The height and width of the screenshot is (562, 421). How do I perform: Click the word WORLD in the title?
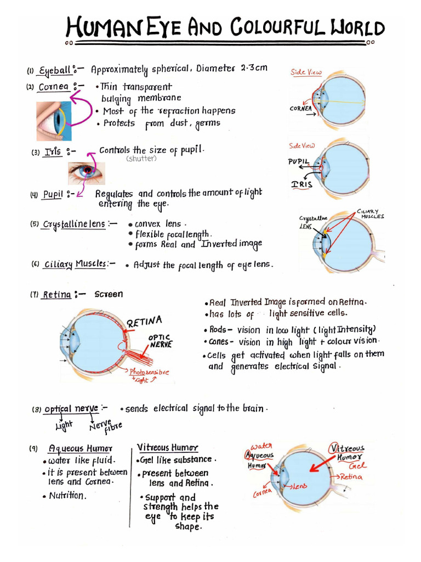(x=357, y=27)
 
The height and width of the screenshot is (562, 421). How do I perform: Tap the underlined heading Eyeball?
(x=54, y=70)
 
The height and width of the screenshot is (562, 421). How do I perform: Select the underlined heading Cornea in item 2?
(x=53, y=87)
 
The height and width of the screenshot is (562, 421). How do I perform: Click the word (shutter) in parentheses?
(x=141, y=159)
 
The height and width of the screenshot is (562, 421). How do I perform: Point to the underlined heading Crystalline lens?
(x=74, y=224)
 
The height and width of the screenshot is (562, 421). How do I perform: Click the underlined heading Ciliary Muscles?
(x=75, y=263)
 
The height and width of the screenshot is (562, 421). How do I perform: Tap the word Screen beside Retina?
(x=109, y=294)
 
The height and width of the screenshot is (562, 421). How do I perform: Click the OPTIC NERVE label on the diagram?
(x=160, y=341)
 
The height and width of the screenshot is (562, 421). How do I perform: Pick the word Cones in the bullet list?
(x=219, y=341)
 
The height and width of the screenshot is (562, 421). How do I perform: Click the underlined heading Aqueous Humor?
(x=80, y=448)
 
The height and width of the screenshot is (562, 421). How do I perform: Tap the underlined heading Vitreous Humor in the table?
(x=168, y=448)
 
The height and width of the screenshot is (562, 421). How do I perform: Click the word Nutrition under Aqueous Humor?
(x=67, y=496)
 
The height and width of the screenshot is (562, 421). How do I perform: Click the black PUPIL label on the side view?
(x=299, y=161)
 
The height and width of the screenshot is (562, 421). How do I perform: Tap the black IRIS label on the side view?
(x=302, y=184)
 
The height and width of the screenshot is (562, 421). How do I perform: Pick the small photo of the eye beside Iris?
(x=86, y=172)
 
